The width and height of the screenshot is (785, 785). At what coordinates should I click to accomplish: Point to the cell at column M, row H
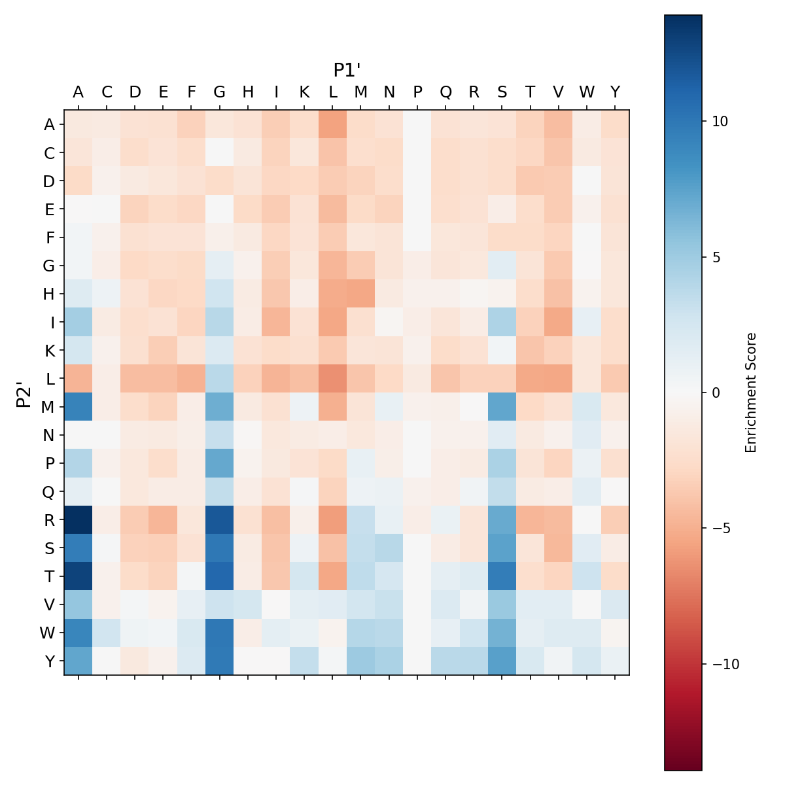(x=361, y=294)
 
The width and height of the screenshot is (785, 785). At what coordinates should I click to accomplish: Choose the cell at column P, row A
(x=417, y=124)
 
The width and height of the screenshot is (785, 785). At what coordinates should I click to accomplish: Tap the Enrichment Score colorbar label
(x=751, y=392)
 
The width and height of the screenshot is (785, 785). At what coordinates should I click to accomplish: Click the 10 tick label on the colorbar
(x=718, y=122)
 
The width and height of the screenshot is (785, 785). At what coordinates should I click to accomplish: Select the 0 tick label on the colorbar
(x=714, y=392)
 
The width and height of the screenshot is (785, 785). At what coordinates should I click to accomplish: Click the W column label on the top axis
(x=587, y=92)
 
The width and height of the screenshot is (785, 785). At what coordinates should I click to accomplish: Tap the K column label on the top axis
(x=304, y=92)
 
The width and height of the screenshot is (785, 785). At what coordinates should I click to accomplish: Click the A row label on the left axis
(x=49, y=124)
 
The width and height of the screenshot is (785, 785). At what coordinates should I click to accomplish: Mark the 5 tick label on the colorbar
(x=714, y=257)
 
